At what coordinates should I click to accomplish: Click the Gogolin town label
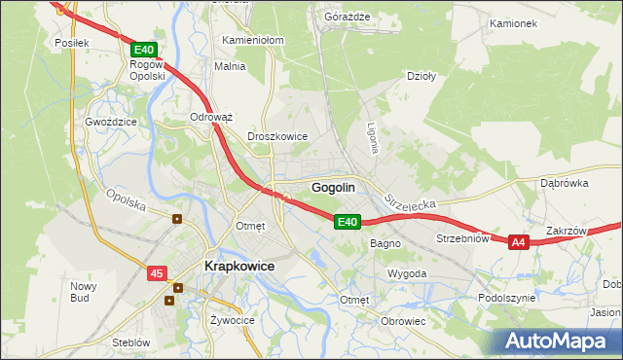click(x=332, y=187)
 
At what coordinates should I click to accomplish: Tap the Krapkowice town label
click(x=238, y=266)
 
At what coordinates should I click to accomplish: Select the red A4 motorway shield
click(x=518, y=242)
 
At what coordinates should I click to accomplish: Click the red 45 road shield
click(x=157, y=274)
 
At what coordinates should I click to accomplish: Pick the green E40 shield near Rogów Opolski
click(x=143, y=50)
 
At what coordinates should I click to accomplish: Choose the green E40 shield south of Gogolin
click(x=348, y=223)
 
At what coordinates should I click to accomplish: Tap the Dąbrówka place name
click(x=565, y=182)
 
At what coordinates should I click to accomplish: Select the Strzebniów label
click(x=460, y=238)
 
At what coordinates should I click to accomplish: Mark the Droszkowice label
click(x=277, y=137)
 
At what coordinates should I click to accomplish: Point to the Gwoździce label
click(x=109, y=124)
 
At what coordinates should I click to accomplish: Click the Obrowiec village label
click(x=404, y=321)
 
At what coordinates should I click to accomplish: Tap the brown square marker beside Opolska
click(x=176, y=219)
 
